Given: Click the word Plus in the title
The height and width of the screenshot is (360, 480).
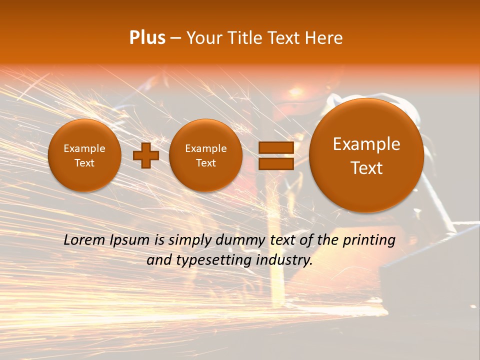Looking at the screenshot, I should click(x=147, y=38).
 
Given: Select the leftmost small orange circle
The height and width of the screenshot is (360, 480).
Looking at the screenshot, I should click(x=84, y=155).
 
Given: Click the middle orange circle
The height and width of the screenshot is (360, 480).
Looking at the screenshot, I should click(x=205, y=155).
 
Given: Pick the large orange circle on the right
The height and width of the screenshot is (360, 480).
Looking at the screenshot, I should click(x=366, y=155).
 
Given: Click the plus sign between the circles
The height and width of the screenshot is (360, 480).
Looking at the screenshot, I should click(x=145, y=155).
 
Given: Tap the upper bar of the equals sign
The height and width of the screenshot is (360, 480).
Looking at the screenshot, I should click(x=276, y=147).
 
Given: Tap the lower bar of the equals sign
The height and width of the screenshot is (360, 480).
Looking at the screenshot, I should click(x=276, y=163).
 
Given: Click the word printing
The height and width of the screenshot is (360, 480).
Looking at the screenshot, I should click(x=368, y=240).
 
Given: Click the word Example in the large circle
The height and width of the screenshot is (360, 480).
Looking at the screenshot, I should click(x=366, y=144).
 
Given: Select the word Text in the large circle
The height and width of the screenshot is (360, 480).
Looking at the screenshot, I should click(x=366, y=168).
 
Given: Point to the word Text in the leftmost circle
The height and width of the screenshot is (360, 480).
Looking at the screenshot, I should click(x=84, y=163).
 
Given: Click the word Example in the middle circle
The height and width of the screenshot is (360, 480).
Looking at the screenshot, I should click(x=205, y=148).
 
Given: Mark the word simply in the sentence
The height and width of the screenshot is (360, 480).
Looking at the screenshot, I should click(x=189, y=240).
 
